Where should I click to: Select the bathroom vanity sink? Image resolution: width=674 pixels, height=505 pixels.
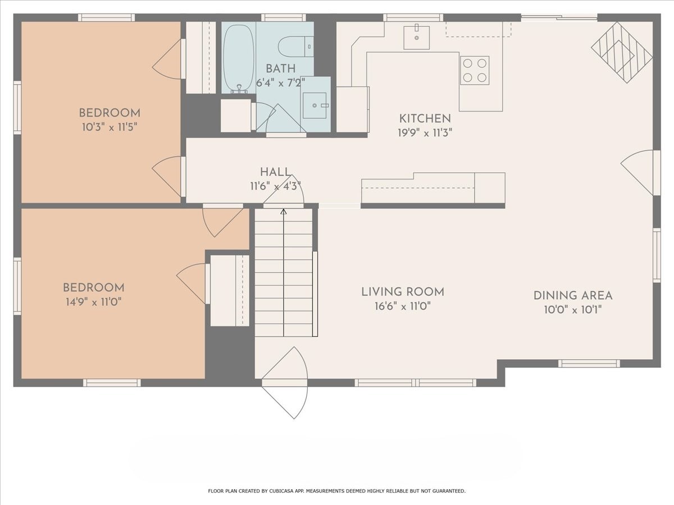point(315,104)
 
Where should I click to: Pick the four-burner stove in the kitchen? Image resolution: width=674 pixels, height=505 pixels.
point(475,70)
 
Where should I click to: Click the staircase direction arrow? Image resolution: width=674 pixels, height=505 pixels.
point(284,212)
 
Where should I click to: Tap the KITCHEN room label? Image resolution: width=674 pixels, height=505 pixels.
point(425,118)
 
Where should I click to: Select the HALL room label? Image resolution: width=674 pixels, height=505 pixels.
point(275,172)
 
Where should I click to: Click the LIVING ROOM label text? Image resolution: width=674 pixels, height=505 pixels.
point(402,292)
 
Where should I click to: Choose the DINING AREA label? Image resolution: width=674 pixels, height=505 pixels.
point(572,295)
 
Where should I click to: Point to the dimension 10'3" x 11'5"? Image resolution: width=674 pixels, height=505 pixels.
point(109,127)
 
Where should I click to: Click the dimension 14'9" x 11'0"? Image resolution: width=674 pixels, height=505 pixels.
point(93,302)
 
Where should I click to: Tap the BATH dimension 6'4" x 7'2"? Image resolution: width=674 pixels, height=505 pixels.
point(280,82)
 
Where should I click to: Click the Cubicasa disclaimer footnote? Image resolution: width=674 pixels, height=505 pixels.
point(336,491)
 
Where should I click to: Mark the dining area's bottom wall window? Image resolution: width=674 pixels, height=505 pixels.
point(589,364)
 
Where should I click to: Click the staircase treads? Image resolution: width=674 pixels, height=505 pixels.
point(284,275)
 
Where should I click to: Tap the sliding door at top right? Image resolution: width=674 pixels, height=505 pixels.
point(559,18)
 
